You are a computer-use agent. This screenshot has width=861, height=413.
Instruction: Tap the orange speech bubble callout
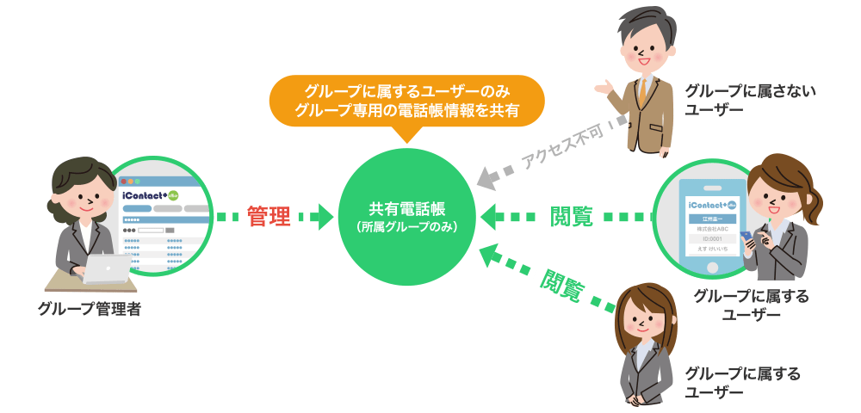[x=406, y=101]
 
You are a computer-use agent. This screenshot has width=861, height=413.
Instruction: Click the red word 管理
[x=269, y=216]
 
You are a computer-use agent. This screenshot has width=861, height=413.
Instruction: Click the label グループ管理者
[x=90, y=309]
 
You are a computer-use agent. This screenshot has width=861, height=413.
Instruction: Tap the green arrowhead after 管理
[x=325, y=216]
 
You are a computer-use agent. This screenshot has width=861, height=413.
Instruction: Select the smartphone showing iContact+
[x=710, y=225]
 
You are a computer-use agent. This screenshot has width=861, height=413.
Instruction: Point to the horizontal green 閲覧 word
[x=572, y=216]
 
